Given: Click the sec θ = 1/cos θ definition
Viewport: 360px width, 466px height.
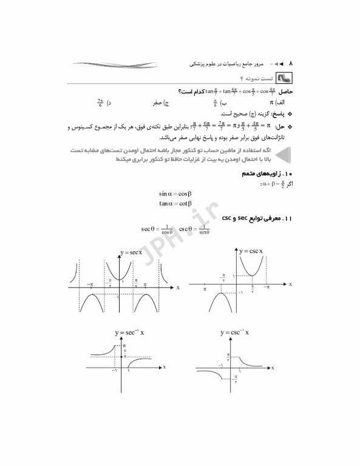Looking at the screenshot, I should click(157, 229).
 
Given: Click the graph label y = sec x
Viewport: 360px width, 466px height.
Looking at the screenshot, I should click(131, 252).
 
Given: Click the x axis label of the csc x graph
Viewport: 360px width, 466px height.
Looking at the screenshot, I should click(290, 284).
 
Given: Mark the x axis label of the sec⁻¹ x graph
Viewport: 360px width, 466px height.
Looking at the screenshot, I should click(165, 366).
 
